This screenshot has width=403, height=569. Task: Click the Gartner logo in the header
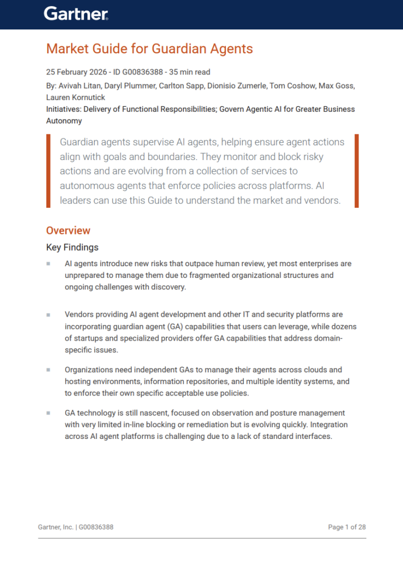pos(76,14)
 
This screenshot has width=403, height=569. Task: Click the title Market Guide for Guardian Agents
pos(149,49)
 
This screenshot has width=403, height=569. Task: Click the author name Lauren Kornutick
pos(75,97)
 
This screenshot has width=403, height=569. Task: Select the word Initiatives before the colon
pos(64,109)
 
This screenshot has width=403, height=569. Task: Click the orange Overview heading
pos(68,231)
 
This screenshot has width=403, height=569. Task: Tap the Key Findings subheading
pos(72,247)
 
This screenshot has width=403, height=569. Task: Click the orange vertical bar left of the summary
pos(48,171)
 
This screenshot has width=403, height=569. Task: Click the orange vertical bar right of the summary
pos(357,171)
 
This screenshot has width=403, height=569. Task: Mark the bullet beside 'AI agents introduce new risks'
pos(48,263)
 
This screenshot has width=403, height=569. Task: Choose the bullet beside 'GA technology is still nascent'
pos(48,413)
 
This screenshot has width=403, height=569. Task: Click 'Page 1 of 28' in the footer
pos(347,527)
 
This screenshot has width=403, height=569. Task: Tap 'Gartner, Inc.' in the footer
pos(56,527)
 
